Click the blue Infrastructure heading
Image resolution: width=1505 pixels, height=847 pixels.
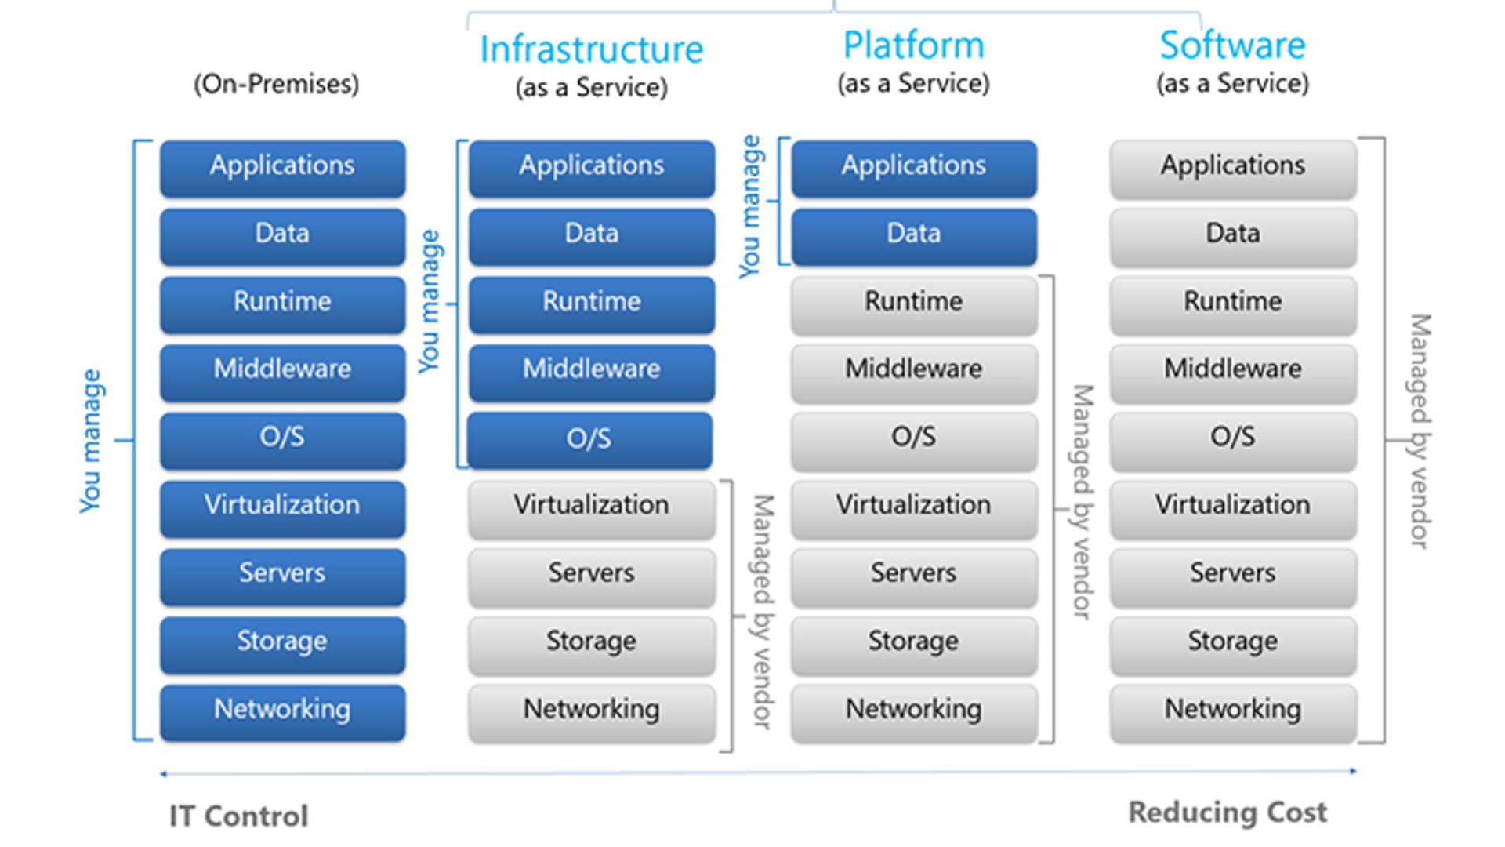pyautogui.click(x=591, y=49)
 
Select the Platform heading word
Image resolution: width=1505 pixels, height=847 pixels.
pyautogui.click(x=913, y=45)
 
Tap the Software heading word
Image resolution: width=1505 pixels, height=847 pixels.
pyautogui.click(x=1232, y=45)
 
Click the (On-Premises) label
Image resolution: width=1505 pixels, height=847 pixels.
pyautogui.click(x=277, y=84)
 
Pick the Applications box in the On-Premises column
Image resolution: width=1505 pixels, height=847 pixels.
pyautogui.click(x=282, y=167)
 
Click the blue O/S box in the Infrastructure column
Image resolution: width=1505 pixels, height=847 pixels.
pyautogui.click(x=589, y=439)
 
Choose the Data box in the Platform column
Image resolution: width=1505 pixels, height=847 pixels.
pyautogui.click(x=913, y=234)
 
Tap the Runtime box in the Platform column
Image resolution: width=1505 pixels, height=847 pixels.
pyautogui.click(x=913, y=303)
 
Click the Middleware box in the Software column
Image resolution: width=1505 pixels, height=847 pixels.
pyautogui.click(x=1232, y=370)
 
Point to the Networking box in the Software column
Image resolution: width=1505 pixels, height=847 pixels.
pyautogui.click(x=1232, y=711)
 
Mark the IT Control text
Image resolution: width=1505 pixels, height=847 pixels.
pyautogui.click(x=239, y=816)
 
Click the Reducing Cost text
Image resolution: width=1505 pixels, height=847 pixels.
pyautogui.click(x=1228, y=812)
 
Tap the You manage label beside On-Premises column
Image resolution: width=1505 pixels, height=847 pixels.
pyautogui.click(x=91, y=441)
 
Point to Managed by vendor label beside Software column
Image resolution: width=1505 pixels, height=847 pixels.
pyautogui.click(x=1420, y=431)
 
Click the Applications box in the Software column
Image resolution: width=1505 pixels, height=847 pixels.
pyautogui.click(x=1232, y=167)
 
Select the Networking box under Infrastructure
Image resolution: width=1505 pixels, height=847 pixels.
pyautogui.click(x=592, y=711)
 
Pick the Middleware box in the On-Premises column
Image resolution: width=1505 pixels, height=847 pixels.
pyautogui.click(x=282, y=370)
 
